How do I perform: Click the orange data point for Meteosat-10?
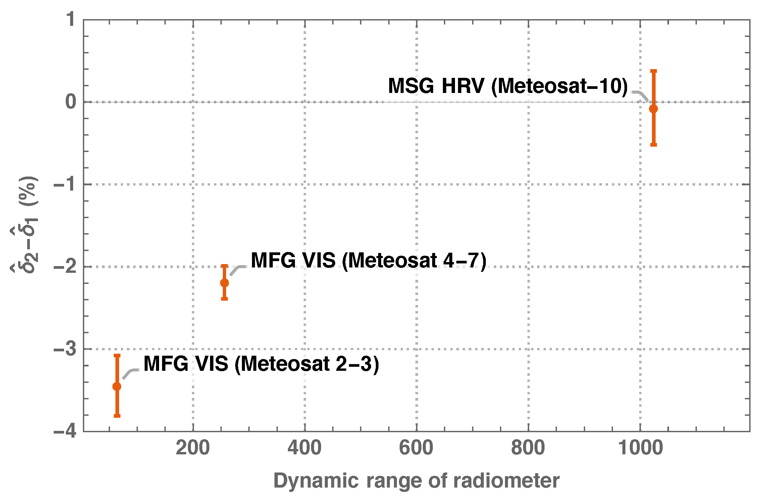653,109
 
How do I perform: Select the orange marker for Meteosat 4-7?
224,283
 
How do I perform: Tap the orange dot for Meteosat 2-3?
117,387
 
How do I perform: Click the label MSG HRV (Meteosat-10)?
508,86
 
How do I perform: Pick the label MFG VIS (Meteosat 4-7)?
368,260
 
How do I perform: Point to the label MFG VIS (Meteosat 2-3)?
261,364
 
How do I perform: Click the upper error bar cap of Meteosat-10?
653,71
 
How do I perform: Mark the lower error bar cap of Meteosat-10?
653,145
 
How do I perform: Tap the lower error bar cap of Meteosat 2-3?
117,416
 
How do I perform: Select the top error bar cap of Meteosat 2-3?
117,355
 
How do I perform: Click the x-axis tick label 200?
193,448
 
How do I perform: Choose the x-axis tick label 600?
416,448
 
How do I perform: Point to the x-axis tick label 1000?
640,448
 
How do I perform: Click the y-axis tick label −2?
65,267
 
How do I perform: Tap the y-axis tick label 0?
71,102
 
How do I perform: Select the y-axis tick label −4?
65,431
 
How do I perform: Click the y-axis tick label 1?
71,19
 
